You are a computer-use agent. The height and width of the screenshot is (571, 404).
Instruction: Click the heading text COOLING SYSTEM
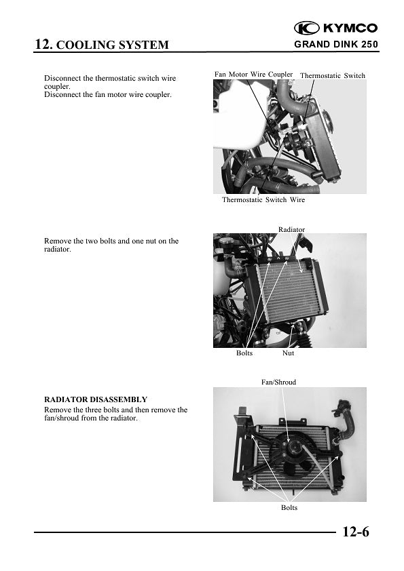[111, 45]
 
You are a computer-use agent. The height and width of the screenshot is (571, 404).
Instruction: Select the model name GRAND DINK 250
[336, 45]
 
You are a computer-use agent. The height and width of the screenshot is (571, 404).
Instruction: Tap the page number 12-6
[355, 532]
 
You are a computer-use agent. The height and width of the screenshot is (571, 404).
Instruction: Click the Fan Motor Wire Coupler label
[253, 75]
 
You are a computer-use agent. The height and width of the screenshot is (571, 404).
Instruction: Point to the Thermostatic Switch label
[332, 76]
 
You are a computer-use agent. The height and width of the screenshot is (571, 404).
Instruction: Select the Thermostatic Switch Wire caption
[263, 200]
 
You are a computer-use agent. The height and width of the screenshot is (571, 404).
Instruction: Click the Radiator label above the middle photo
[291, 230]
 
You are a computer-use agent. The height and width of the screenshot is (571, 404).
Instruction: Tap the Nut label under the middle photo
[288, 353]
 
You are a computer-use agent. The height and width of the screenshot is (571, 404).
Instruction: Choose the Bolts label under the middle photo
[244, 353]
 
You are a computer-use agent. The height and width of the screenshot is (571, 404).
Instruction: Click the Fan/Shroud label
[278, 382]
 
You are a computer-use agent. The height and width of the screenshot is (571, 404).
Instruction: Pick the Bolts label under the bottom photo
[289, 508]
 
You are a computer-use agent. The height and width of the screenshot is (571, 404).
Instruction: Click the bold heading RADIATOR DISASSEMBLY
[95, 399]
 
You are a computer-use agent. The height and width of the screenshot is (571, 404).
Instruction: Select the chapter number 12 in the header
[42, 45]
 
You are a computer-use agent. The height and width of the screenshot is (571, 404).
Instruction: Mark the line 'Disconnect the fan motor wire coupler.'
[107, 94]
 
